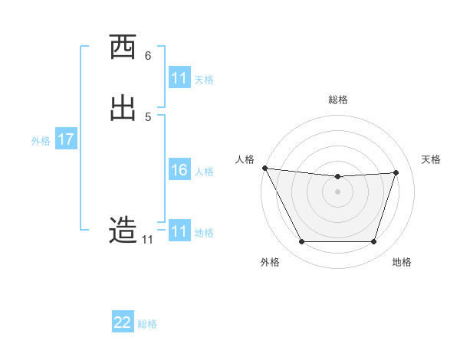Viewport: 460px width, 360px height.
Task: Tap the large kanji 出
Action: tap(123, 108)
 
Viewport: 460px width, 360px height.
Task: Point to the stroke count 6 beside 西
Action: tap(148, 56)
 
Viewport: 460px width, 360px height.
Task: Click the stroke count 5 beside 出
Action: tap(148, 116)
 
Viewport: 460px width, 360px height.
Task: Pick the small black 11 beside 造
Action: tap(147, 240)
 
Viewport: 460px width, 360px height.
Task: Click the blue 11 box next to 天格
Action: tap(179, 78)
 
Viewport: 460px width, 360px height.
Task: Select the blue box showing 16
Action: tap(179, 170)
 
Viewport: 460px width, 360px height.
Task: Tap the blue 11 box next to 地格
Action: tap(179, 231)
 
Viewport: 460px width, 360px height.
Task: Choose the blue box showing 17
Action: tap(66, 139)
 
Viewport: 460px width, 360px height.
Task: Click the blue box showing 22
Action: tap(123, 322)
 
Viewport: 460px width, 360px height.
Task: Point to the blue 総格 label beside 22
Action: tap(147, 324)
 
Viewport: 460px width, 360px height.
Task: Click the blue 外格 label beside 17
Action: tap(41, 141)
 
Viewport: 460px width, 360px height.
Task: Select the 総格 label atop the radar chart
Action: tap(338, 100)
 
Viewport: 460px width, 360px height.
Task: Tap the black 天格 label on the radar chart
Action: tap(431, 159)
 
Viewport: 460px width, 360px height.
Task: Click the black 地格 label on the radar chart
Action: tap(402, 262)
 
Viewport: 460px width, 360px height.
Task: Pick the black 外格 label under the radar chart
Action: tap(270, 262)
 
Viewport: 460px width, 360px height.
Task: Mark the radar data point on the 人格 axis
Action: tap(264, 168)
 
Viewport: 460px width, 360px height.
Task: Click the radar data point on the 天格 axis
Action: tap(396, 172)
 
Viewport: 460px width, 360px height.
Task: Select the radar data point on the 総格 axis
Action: tap(338, 177)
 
